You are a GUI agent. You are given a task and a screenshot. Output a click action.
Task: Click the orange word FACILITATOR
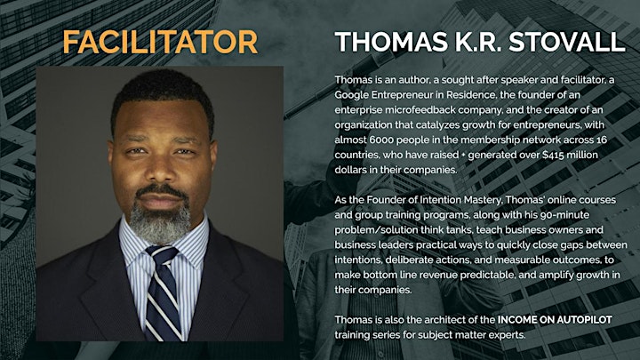[160, 42]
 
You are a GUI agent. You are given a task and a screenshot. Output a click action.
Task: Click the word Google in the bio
[352, 95]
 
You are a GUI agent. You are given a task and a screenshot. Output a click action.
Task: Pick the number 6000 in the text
[381, 140]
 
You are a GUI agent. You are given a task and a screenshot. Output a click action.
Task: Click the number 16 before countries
[601, 140]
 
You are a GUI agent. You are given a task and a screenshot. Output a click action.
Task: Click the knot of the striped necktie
[163, 255]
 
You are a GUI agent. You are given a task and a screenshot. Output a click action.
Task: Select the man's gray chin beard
[160, 221]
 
